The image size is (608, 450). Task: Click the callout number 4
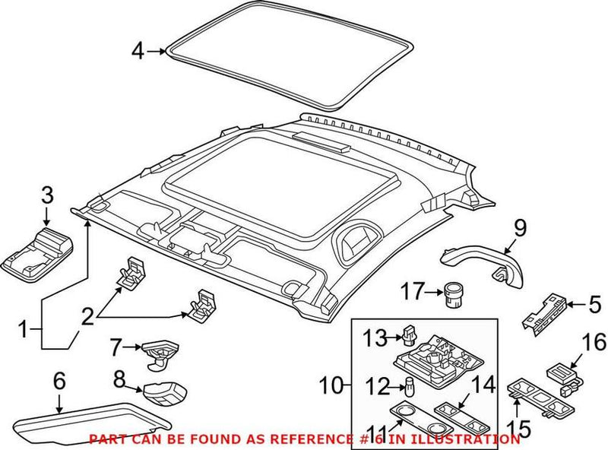pos(137,51)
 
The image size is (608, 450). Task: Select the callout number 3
pos(47,195)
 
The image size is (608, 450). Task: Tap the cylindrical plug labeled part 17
pos(452,293)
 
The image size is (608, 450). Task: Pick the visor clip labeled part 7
pos(157,350)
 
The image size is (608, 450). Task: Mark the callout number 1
pos(24,329)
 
